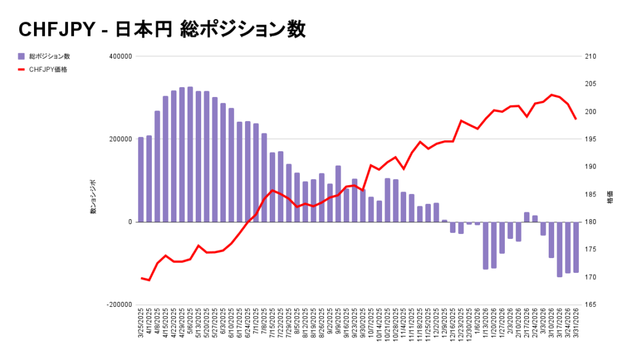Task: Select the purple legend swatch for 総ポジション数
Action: click(x=22, y=57)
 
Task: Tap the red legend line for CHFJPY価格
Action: click(x=22, y=70)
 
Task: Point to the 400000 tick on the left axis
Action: click(x=121, y=57)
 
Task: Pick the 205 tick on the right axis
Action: click(x=590, y=85)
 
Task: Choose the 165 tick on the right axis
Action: click(x=590, y=305)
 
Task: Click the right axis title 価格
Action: click(x=610, y=200)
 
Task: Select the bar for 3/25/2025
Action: click(x=141, y=179)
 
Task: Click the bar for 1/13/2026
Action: click(x=486, y=245)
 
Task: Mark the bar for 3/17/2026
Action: click(x=560, y=249)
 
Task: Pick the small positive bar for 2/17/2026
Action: click(x=526, y=217)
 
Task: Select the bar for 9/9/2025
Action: click(x=338, y=193)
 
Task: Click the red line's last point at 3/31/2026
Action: click(x=576, y=119)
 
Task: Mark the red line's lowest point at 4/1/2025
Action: click(x=149, y=280)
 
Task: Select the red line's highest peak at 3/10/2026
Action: click(x=551, y=95)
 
